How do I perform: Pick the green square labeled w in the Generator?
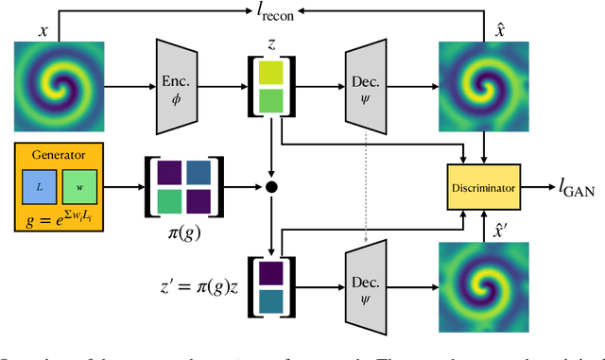tap(78, 187)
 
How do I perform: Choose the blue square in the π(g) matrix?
tap(199, 172)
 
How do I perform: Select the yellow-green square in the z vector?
tap(271, 71)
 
